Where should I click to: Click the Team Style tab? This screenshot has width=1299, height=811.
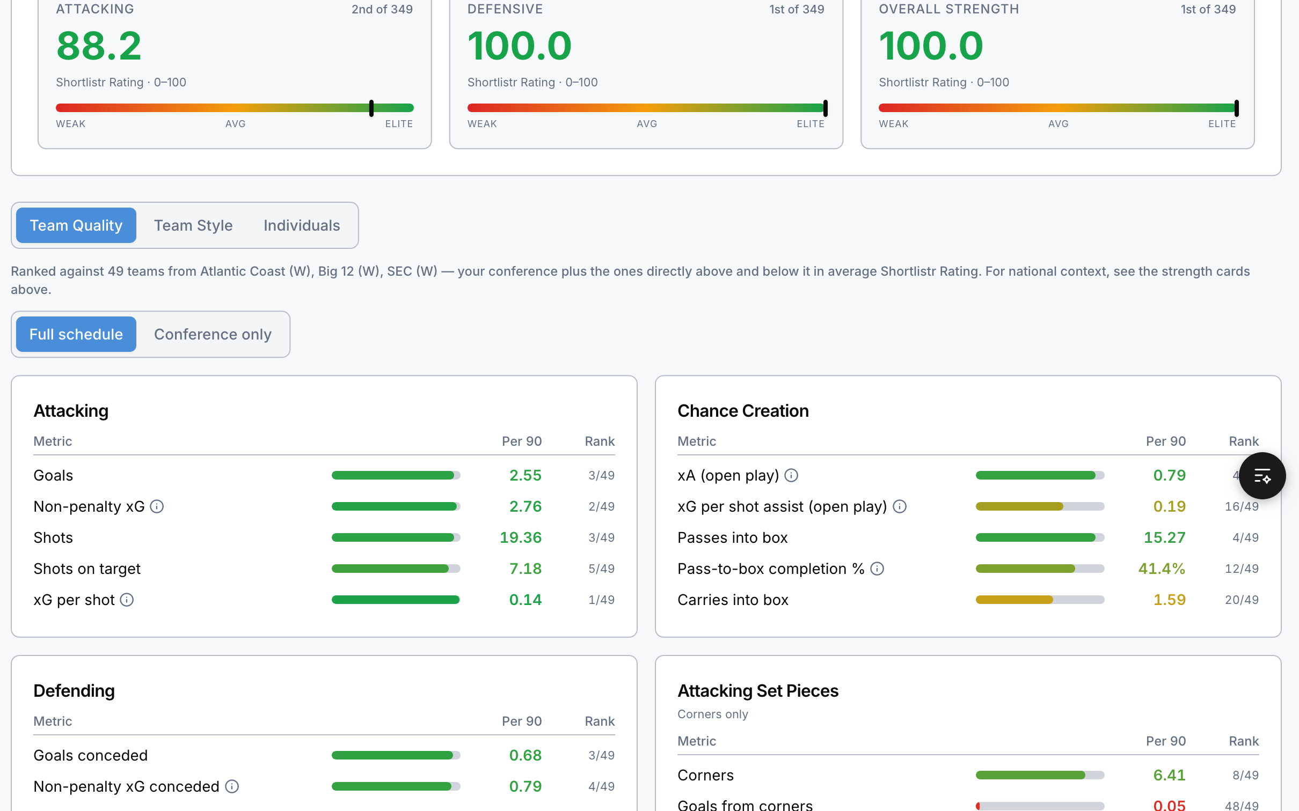pyautogui.click(x=193, y=225)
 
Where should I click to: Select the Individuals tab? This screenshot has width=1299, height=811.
pyautogui.click(x=302, y=225)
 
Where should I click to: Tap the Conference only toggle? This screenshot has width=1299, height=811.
pyautogui.click(x=213, y=334)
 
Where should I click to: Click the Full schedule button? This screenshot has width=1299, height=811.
pyautogui.click(x=76, y=334)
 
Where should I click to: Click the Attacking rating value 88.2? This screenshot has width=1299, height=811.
pyautogui.click(x=99, y=46)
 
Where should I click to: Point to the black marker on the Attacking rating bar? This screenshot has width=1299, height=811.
pyautogui.click(x=371, y=108)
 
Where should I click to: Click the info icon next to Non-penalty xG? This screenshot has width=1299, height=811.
pyautogui.click(x=157, y=506)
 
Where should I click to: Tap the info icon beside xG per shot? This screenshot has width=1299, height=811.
pyautogui.click(x=127, y=600)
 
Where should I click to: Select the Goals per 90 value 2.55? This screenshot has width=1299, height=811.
pyautogui.click(x=526, y=475)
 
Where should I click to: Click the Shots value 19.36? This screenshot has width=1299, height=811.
pyautogui.click(x=521, y=537)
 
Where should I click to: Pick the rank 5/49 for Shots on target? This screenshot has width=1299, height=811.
pyautogui.click(x=601, y=569)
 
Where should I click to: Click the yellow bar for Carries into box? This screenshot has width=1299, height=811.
pyautogui.click(x=1014, y=600)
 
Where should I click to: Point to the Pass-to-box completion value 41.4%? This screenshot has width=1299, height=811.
pyautogui.click(x=1162, y=569)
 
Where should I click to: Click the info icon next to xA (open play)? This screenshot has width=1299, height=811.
pyautogui.click(x=791, y=475)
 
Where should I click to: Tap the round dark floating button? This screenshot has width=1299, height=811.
pyautogui.click(x=1262, y=476)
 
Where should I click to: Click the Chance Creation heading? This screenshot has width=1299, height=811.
pyautogui.click(x=743, y=411)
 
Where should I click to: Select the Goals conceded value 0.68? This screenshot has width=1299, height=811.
pyautogui.click(x=526, y=755)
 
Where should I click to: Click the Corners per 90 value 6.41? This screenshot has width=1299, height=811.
pyautogui.click(x=1169, y=775)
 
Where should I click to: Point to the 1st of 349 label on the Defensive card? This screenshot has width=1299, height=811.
pyautogui.click(x=797, y=9)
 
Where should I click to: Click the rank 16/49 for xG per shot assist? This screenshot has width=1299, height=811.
pyautogui.click(x=1242, y=506)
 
